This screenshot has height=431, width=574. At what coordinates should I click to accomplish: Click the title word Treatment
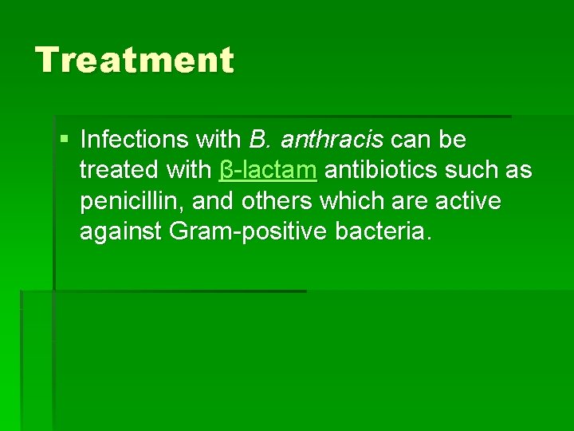[x=135, y=60]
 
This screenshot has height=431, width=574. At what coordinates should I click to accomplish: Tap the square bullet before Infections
[x=65, y=140]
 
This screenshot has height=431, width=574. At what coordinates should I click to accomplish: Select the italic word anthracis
[x=332, y=140]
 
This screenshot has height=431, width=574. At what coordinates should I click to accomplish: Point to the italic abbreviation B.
[x=261, y=140]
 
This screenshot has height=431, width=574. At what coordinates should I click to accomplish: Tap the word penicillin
[x=132, y=201]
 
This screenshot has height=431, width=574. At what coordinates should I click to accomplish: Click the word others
[x=278, y=201]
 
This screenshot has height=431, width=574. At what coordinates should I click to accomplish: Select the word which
[x=354, y=201]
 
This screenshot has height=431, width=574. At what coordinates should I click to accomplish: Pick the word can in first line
[x=411, y=140]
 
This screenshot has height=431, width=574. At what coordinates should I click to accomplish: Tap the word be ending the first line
[x=453, y=140]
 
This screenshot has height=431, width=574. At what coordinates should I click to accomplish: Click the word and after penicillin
[x=214, y=201]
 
